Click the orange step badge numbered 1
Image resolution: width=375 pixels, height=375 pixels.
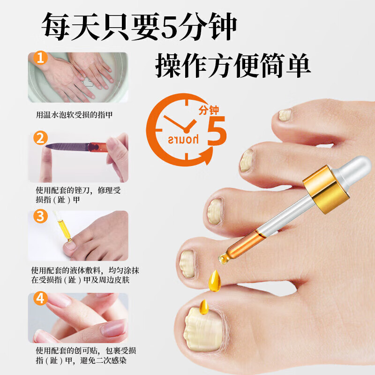(x=41, y=59)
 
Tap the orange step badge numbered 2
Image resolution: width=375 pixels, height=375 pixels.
(x=41, y=139)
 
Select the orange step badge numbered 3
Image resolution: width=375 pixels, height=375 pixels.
(x=41, y=217)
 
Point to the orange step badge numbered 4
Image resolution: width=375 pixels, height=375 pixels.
(x=41, y=298)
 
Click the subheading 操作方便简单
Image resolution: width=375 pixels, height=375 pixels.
(x=233, y=67)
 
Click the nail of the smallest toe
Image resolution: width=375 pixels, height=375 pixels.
(x=285, y=114)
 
